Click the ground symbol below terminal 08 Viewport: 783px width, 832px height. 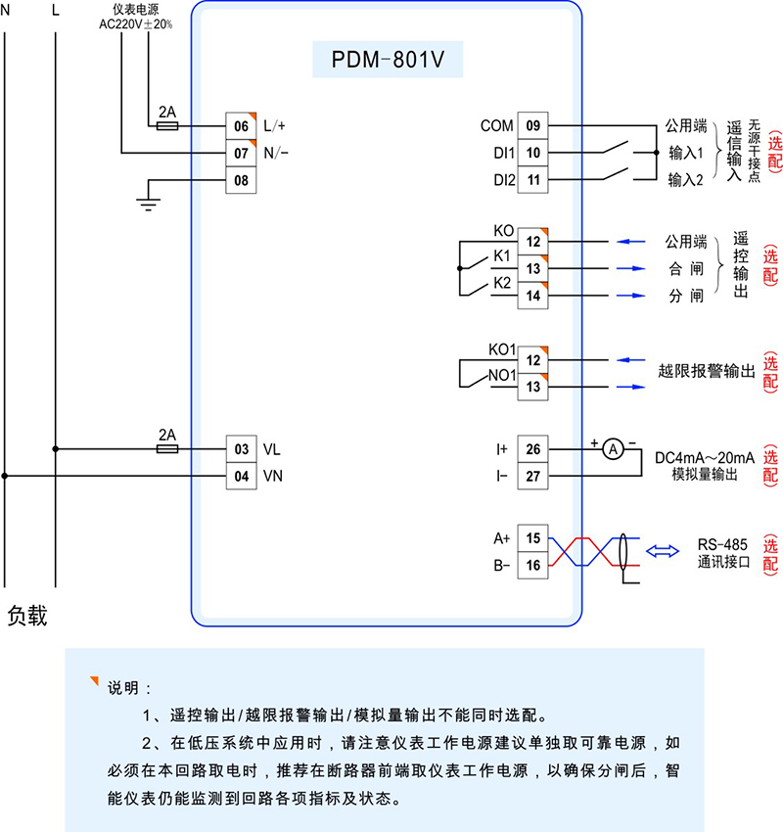[x=147, y=204]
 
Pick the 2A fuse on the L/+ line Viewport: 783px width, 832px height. [x=167, y=126]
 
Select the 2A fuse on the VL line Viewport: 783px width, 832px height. [x=167, y=449]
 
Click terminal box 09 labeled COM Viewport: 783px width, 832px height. [x=532, y=126]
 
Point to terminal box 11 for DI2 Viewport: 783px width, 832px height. [x=532, y=181]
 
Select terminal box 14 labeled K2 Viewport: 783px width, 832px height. [x=532, y=296]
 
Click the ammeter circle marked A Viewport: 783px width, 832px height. [x=613, y=449]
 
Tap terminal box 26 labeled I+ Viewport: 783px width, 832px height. [x=532, y=449]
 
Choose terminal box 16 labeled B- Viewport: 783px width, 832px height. [x=532, y=566]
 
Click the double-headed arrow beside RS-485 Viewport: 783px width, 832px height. [x=665, y=552]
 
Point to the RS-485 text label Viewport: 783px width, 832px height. [x=722, y=544]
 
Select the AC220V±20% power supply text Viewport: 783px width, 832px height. [x=136, y=23]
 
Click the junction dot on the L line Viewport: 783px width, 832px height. [x=55, y=449]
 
